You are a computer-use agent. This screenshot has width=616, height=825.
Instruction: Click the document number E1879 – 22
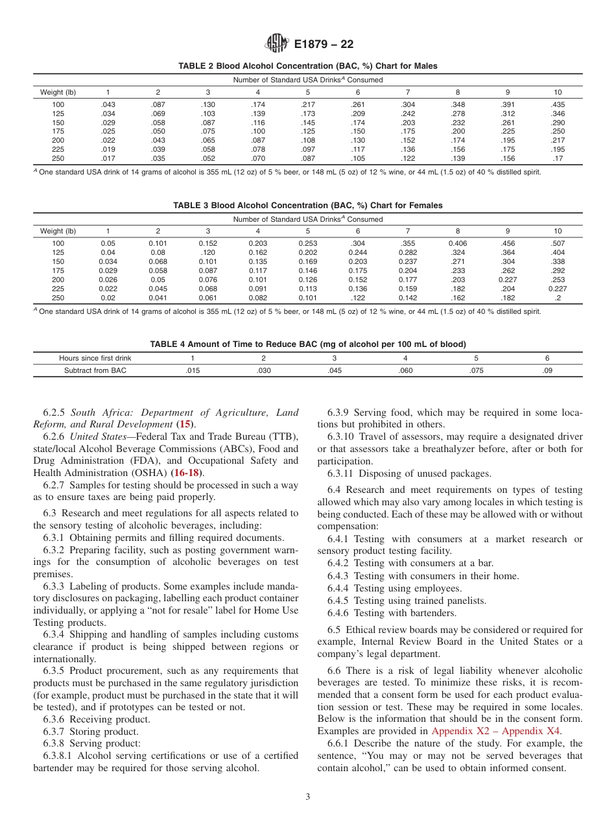[x=324, y=45]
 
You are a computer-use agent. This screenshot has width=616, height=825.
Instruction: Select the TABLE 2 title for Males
[x=308, y=66]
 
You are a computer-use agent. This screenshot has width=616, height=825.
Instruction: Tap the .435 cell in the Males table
[x=557, y=104]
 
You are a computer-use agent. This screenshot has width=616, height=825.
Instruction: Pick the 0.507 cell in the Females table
[x=557, y=243]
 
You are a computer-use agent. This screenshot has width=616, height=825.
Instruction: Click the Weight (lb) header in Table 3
[x=58, y=231]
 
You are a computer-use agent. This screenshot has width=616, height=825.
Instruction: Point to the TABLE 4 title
[x=308, y=344]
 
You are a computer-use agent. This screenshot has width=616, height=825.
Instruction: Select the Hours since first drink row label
[x=95, y=357]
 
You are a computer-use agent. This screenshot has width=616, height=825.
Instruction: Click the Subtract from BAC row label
[x=95, y=370]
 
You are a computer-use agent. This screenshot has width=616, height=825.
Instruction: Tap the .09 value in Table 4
[x=547, y=370]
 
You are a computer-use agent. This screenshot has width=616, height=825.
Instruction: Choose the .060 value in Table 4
[x=405, y=370]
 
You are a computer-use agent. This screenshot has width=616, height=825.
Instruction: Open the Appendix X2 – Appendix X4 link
[x=497, y=731]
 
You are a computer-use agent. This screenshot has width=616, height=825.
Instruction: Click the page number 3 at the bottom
[x=308, y=797]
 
